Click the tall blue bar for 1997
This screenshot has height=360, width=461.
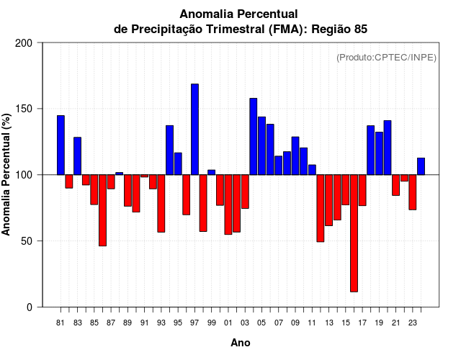tap(194, 130)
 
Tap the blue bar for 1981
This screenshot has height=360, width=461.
tap(61, 145)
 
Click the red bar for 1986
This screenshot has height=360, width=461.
tap(102, 210)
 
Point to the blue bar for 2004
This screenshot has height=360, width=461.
tap(254, 136)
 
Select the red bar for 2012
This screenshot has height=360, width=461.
tap(321, 208)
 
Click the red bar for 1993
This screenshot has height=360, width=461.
tap(161, 203)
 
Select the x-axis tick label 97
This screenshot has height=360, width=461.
tap(194, 323)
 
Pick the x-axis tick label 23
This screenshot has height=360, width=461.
tap(413, 323)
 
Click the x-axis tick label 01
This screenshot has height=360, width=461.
tap(228, 323)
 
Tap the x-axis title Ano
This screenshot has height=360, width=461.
tap(241, 343)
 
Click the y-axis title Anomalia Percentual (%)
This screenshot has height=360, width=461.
tap(7, 174)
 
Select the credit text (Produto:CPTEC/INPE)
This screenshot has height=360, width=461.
tap(386, 58)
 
